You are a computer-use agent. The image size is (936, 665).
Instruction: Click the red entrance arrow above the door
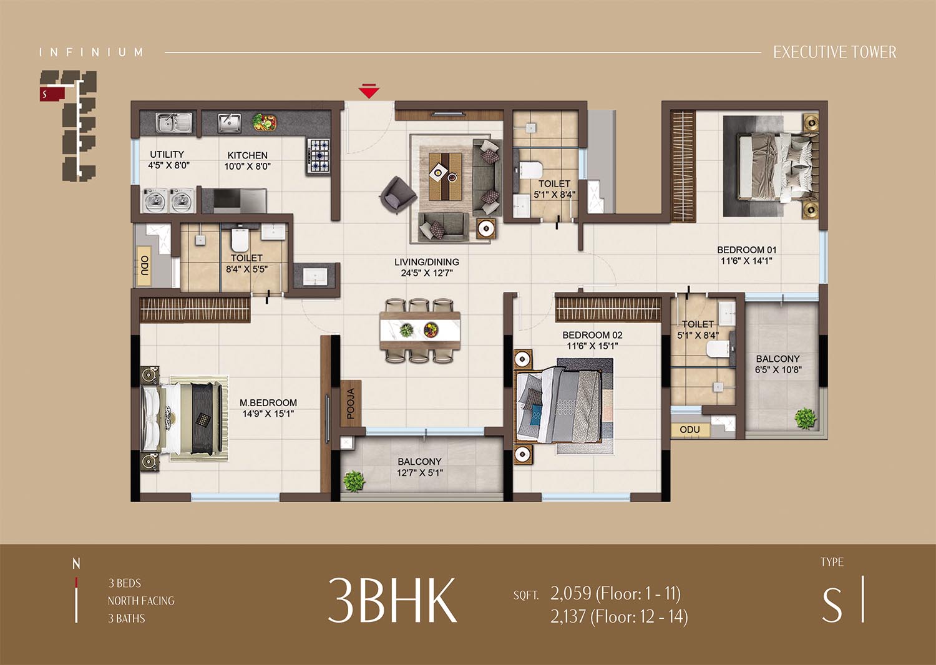(369, 91)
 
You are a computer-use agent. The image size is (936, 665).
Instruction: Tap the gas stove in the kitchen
(319, 156)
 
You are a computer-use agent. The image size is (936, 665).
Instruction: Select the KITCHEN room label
(247, 155)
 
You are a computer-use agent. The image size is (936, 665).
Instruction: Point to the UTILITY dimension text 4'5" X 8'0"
(169, 165)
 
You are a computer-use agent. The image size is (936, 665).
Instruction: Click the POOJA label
(351, 404)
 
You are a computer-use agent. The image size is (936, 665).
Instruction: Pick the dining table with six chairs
(420, 330)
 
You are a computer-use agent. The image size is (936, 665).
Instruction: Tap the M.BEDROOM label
(268, 402)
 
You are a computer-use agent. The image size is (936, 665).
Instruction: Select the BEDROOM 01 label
(747, 250)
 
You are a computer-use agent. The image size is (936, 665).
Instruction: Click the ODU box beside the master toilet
(144, 266)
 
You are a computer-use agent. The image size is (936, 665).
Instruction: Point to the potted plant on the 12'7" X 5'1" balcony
(354, 481)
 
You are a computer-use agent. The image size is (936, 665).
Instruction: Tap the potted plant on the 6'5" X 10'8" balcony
(805, 418)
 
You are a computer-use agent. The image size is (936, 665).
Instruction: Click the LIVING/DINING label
(427, 262)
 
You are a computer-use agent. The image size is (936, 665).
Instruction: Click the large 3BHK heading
(392, 600)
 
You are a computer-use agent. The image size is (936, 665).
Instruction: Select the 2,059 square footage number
(571, 593)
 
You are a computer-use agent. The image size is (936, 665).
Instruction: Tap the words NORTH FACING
(141, 601)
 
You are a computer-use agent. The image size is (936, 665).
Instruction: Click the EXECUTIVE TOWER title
(835, 52)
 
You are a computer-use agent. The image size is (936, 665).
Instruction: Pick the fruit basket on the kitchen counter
(265, 122)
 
